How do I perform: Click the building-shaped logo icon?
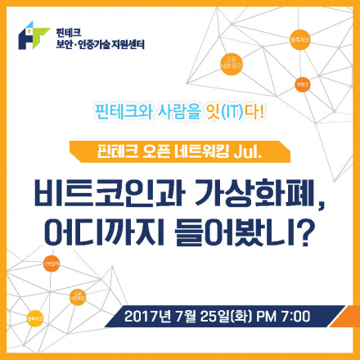(x=34, y=36)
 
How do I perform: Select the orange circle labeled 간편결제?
(x=51, y=265)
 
